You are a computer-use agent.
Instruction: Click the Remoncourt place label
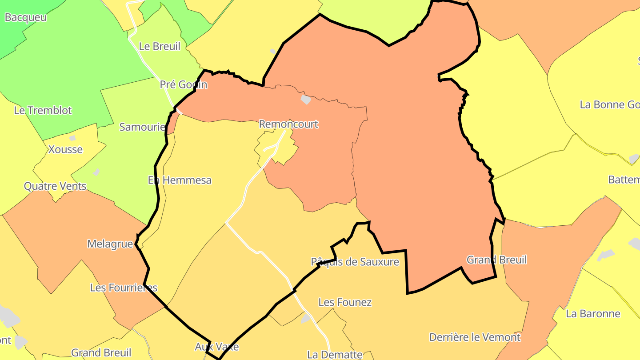click(288, 124)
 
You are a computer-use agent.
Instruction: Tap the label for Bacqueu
click(25, 18)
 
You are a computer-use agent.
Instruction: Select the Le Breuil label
click(160, 46)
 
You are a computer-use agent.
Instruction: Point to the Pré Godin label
click(184, 84)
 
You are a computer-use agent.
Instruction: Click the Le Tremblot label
click(43, 110)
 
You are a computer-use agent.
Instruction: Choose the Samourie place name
click(142, 127)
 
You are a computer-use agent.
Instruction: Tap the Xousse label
click(65, 149)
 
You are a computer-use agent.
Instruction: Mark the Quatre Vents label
click(55, 186)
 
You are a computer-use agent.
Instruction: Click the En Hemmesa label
click(180, 180)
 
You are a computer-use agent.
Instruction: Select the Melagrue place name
click(110, 244)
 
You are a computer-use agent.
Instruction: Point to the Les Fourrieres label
click(124, 288)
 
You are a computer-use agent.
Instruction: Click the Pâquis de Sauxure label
click(355, 262)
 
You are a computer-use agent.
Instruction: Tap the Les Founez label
click(345, 302)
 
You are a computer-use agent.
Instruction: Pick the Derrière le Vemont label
click(475, 337)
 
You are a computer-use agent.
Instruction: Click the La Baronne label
click(593, 314)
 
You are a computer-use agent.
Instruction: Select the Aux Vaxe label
click(217, 347)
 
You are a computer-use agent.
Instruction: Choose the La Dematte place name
click(335, 355)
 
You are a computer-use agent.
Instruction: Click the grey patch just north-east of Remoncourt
click(305, 99)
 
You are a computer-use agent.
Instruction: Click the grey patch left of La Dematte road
click(305, 319)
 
